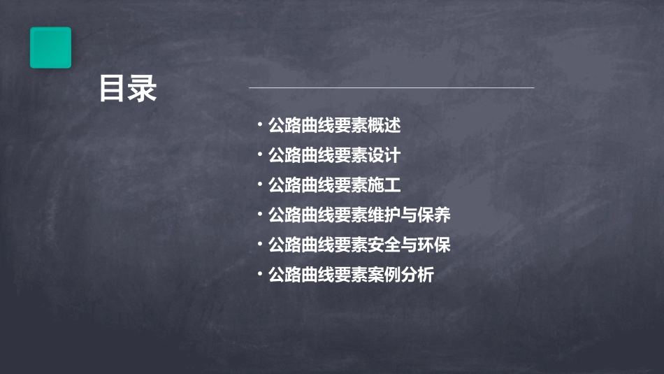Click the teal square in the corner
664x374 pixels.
[50, 48]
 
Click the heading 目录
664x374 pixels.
[128, 89]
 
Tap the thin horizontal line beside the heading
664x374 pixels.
[391, 88]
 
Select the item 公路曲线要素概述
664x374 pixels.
[334, 126]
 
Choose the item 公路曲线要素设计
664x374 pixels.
[334, 155]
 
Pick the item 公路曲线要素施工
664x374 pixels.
[334, 185]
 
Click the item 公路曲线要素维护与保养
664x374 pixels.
[359, 215]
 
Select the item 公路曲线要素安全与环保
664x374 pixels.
[359, 245]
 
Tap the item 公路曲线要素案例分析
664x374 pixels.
[351, 275]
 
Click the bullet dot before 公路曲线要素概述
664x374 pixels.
[260, 126]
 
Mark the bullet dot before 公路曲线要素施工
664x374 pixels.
[260, 185]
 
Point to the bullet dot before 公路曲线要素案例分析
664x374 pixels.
[260, 275]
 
